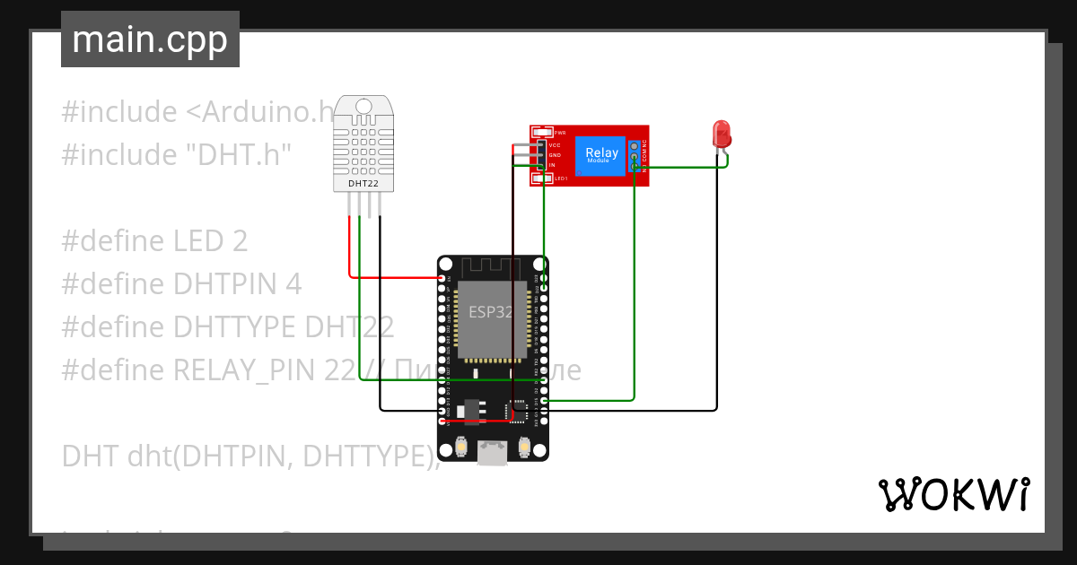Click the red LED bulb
[x=721, y=135]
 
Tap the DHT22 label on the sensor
[x=363, y=184]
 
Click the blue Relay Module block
[x=601, y=153]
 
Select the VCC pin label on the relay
[x=555, y=144]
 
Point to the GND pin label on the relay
[x=555, y=155]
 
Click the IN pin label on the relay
[x=552, y=165]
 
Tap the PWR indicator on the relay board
[x=559, y=132]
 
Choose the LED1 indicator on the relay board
[x=560, y=178]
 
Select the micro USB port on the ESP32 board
[x=491, y=453]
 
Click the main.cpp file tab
[x=150, y=40]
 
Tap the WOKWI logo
[x=953, y=494]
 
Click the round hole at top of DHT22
[x=363, y=107]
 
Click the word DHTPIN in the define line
[x=227, y=283]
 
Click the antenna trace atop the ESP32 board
[x=491, y=266]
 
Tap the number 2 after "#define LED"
[x=239, y=240]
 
